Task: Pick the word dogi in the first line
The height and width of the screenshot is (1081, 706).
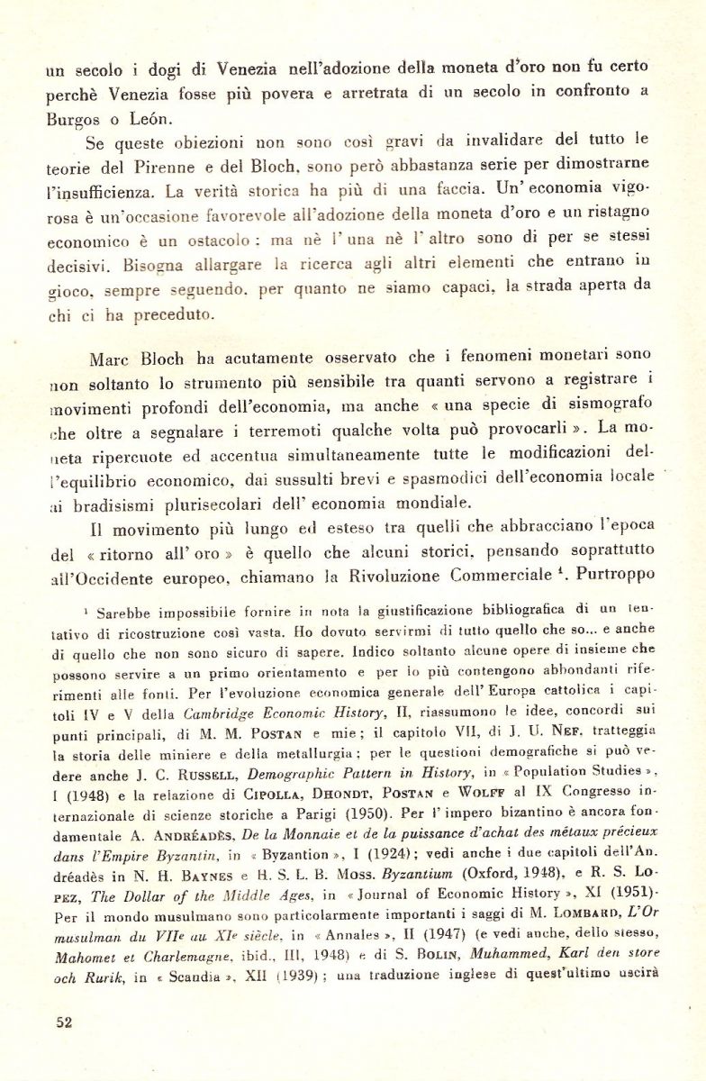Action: [x=140, y=71]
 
